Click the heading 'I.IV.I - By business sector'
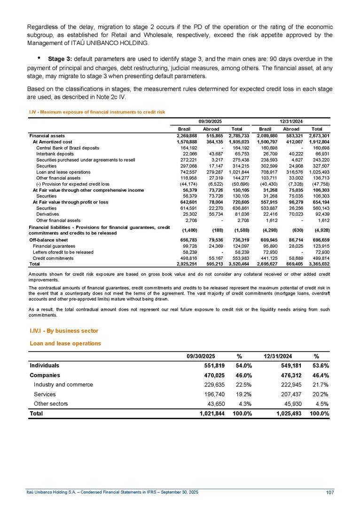63,331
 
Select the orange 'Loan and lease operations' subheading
65,344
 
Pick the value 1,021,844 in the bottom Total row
212,414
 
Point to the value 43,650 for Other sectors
215,404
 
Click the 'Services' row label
45,394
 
